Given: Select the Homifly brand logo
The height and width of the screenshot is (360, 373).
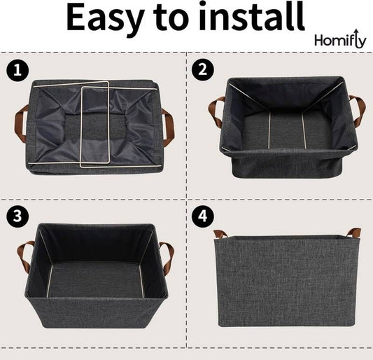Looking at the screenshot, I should coord(339,40).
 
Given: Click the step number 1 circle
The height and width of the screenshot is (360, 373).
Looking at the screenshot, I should coord(14,70).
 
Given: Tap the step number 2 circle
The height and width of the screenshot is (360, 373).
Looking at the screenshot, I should coord(202,70).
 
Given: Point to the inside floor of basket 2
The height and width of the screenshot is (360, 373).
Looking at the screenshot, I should coord(287,130).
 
